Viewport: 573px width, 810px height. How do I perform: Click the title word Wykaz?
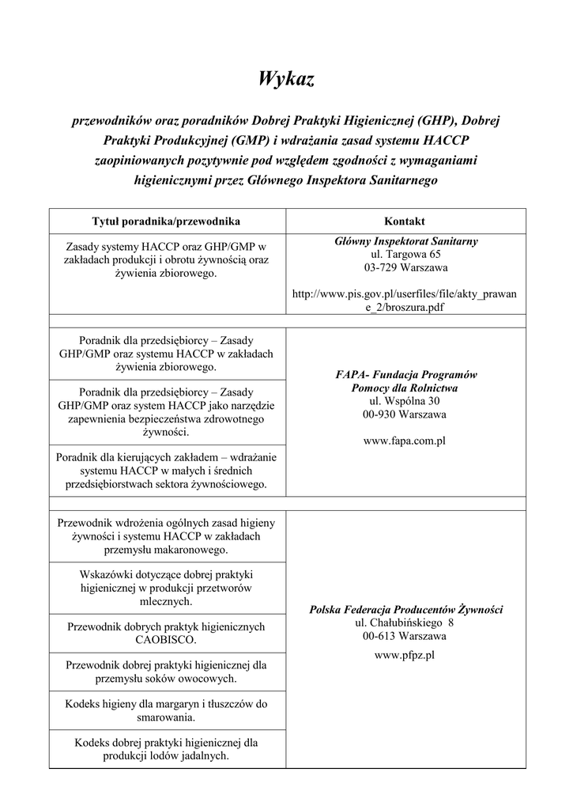tap(286, 78)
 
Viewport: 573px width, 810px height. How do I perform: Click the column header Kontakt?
tap(405, 221)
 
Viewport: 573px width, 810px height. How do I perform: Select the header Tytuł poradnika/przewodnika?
tap(167, 221)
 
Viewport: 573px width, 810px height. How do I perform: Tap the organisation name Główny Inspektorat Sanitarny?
tap(405, 240)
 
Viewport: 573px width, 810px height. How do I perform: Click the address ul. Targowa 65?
tap(405, 254)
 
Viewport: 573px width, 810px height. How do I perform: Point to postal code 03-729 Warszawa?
tap(405, 267)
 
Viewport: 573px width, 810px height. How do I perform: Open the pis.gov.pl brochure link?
tap(405, 301)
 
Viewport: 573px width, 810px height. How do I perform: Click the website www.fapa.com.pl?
tap(405, 441)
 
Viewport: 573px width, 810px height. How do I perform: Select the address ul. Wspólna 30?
tap(405, 401)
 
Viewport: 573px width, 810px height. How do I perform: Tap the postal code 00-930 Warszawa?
tap(405, 414)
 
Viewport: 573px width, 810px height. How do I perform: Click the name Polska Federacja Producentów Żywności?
tap(405, 609)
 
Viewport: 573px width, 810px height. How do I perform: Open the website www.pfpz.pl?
tap(405, 655)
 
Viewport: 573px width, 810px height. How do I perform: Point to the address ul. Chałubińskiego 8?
tap(405, 623)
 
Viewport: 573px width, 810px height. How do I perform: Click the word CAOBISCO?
tap(167, 639)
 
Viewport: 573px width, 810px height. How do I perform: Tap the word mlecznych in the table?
tap(167, 601)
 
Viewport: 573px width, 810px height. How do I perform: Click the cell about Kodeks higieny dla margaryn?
tap(167, 710)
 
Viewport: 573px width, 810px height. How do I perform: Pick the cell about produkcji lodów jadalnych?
tap(167, 749)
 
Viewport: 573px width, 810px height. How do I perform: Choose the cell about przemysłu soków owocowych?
tap(167, 671)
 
